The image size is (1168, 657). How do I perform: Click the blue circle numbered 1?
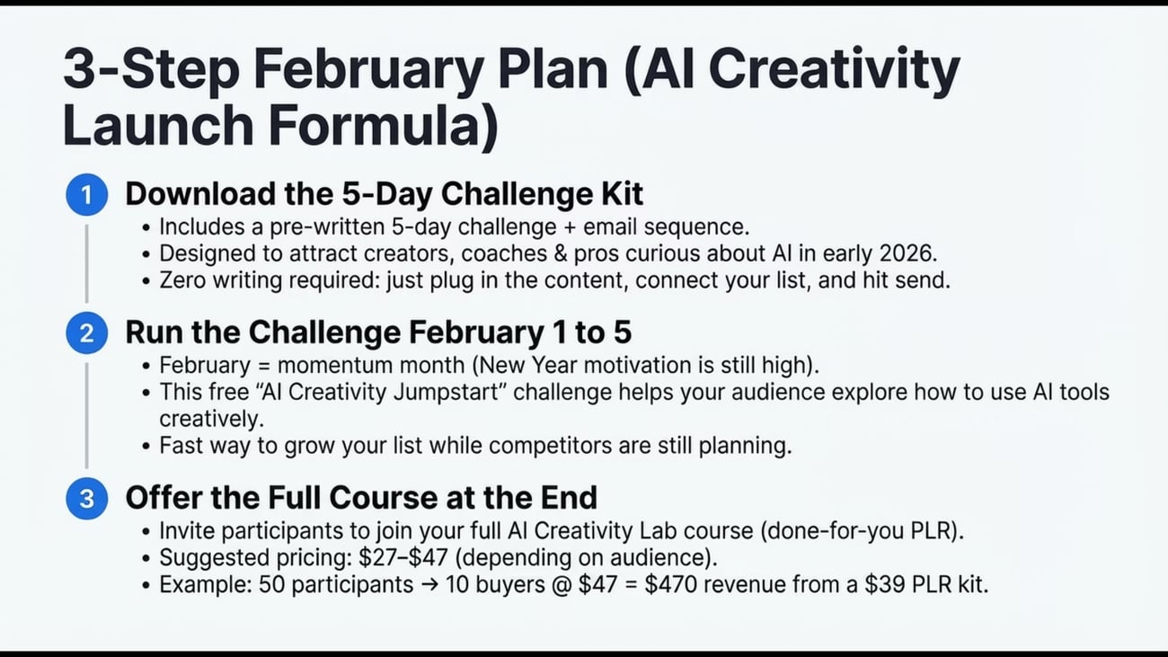click(86, 194)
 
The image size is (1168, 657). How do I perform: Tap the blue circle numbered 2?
click(86, 333)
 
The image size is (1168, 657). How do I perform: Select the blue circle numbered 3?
click(86, 499)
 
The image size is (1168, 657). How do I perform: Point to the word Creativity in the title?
click(835, 70)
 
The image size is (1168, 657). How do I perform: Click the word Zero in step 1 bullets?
click(182, 280)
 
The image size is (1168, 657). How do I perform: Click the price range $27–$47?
click(403, 557)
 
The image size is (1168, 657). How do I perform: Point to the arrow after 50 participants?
click(429, 584)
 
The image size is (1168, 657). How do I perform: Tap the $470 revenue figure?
click(671, 584)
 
